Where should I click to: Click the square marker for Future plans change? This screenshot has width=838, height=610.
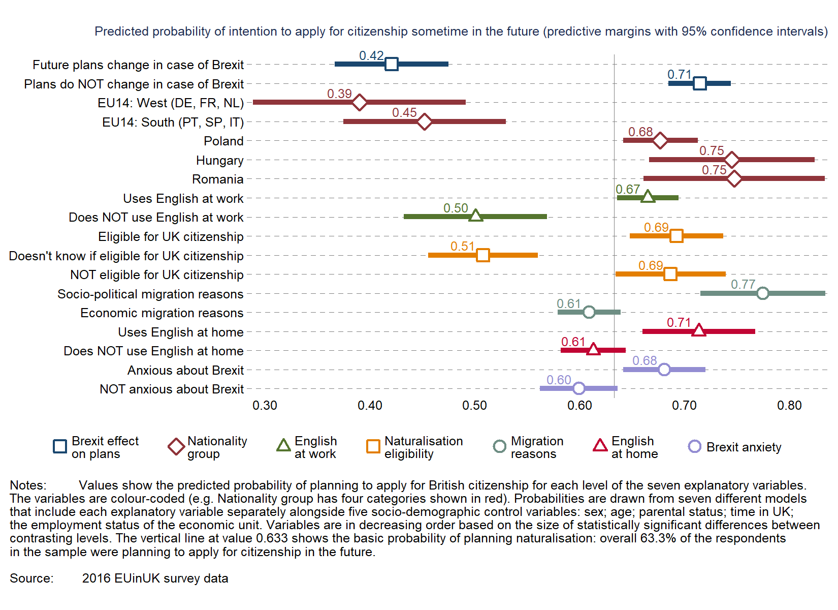pos(391,64)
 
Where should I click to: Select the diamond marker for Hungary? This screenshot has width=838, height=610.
pos(731,160)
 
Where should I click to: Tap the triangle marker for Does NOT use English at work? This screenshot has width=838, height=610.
pos(475,216)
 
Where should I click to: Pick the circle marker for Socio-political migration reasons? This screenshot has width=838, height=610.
pos(762,293)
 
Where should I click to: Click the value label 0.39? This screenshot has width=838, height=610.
pos(339,94)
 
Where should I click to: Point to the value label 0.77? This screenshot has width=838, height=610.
pos(743,285)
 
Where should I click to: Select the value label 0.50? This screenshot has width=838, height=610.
pos(456,208)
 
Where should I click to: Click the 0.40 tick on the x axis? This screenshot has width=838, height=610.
pos(370,406)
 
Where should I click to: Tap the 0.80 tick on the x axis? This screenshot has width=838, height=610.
pos(789,406)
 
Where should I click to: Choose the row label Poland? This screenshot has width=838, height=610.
pos(223,141)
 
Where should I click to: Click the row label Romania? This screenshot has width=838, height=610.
pos(217,179)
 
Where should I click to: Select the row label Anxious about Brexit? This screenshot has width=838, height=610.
pos(185,371)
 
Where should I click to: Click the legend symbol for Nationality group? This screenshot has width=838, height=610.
pos(176,447)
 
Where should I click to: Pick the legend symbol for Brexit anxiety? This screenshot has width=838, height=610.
pos(694,447)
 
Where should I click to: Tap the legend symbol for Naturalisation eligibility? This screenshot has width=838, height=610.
pos(373,447)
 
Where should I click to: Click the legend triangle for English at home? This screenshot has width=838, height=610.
pos(600,446)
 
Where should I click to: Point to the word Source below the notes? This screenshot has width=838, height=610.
pos(31,578)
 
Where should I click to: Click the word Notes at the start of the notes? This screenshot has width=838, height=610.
pos(28,485)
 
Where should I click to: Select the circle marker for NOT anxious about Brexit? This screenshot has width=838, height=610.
pos(578,389)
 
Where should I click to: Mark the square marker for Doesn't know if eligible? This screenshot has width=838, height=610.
pos(483,255)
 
